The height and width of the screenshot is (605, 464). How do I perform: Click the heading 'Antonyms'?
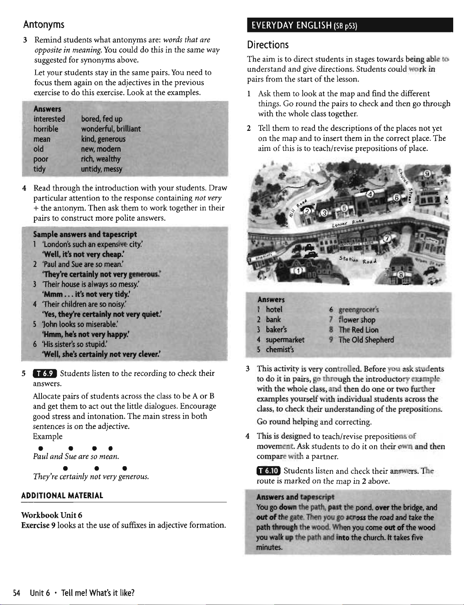(x=44, y=25)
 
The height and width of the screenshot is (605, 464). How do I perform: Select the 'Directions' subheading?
(x=268, y=44)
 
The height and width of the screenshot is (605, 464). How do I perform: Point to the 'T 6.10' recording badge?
(x=269, y=471)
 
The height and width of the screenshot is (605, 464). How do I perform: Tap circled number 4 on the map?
(x=370, y=194)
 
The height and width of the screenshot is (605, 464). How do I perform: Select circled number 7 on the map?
(x=386, y=239)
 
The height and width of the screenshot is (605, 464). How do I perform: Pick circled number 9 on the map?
(x=427, y=174)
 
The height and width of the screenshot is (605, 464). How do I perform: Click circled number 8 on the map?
(x=400, y=275)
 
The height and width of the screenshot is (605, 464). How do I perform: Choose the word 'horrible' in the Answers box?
(x=46, y=129)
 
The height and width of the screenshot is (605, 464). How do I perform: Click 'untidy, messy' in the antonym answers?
(x=102, y=169)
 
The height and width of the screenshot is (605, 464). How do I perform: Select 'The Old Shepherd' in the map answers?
(x=366, y=340)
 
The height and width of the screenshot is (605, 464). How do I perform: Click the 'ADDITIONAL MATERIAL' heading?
(x=62, y=495)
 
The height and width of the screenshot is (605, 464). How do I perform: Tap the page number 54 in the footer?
(x=17, y=593)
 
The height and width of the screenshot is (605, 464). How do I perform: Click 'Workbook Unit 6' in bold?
(x=52, y=515)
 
